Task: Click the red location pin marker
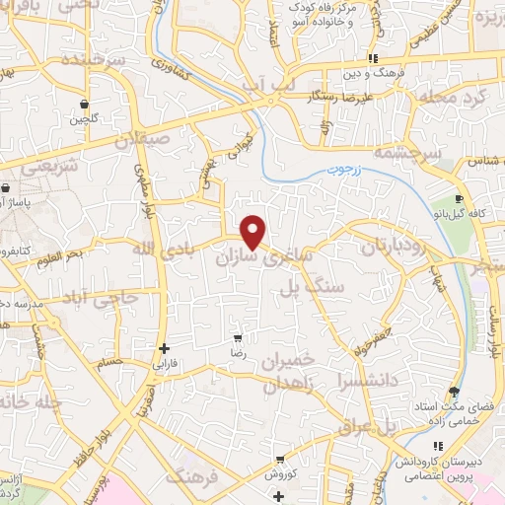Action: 254,232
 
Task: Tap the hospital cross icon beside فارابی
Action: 165,348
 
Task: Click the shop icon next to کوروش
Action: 281,460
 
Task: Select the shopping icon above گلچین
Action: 85,105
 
